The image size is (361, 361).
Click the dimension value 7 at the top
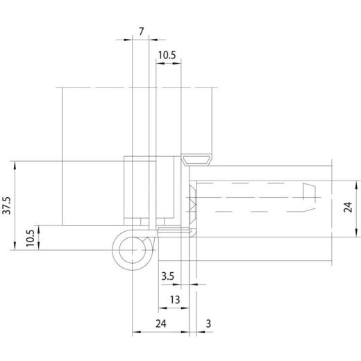tap(142, 31)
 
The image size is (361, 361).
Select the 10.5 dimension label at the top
tap(167, 55)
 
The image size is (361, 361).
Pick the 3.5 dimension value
tap(167, 276)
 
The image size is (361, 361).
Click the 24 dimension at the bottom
tap(160, 323)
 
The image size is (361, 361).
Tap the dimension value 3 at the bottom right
tap(209, 323)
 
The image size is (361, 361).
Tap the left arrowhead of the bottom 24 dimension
tap(135, 331)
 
